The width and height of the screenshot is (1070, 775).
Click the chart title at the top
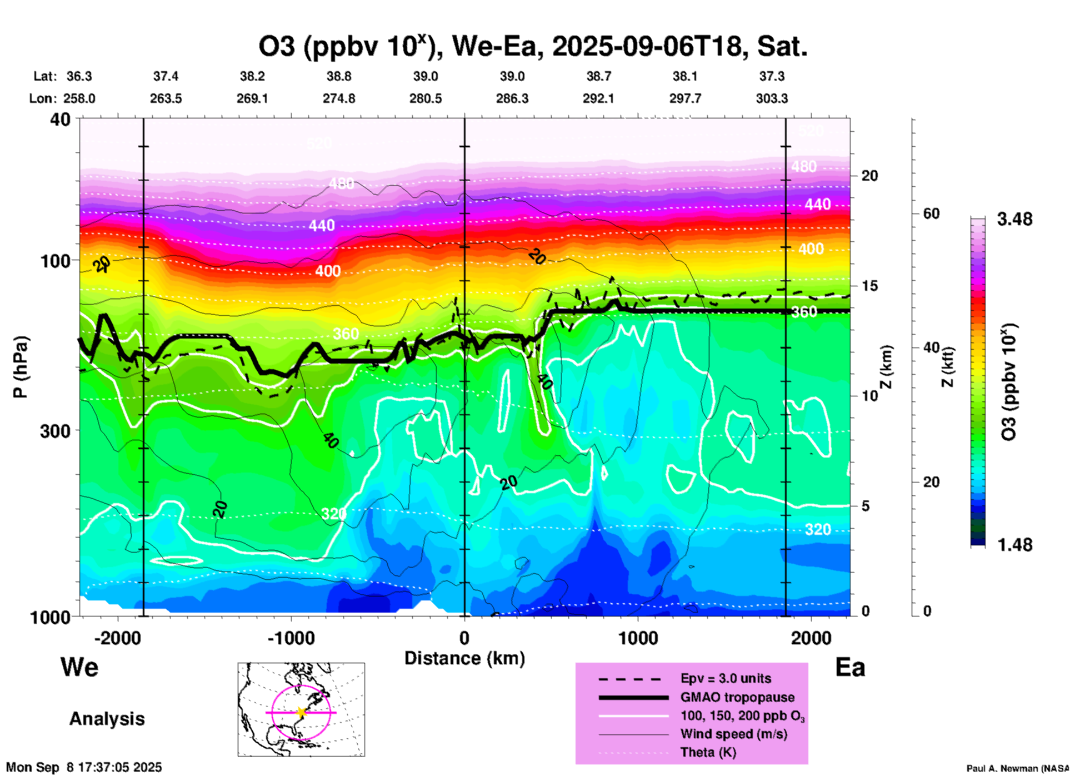click(x=532, y=47)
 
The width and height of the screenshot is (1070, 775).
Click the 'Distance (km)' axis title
click(x=464, y=658)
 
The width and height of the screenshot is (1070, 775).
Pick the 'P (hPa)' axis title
click(x=21, y=366)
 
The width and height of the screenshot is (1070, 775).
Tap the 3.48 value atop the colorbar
click(x=1014, y=219)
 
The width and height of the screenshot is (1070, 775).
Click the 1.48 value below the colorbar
click(x=1014, y=544)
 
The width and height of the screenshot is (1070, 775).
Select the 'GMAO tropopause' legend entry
click(x=737, y=697)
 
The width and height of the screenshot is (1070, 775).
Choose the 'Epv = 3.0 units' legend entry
click(x=726, y=678)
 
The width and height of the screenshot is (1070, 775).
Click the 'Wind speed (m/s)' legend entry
click(x=733, y=734)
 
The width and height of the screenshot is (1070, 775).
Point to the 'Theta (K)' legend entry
click(x=708, y=753)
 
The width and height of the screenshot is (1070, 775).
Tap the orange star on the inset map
click(x=301, y=712)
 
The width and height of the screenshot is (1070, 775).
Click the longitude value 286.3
click(x=512, y=98)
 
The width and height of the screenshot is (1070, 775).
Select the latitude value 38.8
click(x=339, y=76)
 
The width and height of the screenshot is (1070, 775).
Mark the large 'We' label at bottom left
click(x=79, y=667)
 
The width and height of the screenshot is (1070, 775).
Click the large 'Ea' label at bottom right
click(x=850, y=667)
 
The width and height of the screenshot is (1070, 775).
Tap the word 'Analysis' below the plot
click(x=107, y=719)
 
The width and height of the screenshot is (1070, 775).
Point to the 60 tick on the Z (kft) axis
click(x=931, y=213)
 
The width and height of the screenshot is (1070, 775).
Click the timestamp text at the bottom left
click(x=84, y=767)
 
